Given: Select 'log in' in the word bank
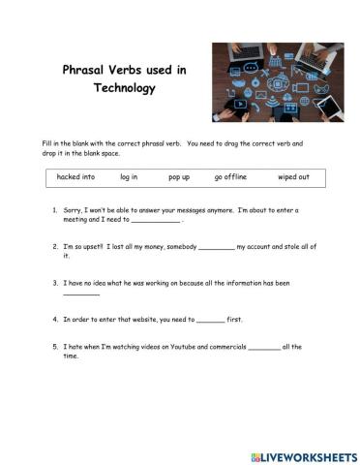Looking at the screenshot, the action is click(x=129, y=177).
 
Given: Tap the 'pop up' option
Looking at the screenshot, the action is click(x=179, y=177).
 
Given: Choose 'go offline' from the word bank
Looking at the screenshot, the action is click(x=231, y=177).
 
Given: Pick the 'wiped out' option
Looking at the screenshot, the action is click(x=293, y=177).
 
